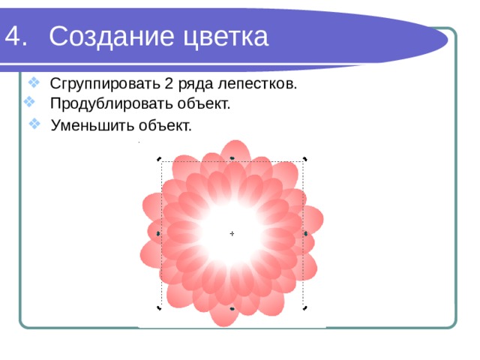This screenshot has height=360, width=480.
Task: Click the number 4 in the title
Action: tap(13, 36)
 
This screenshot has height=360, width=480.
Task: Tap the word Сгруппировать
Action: tap(105, 84)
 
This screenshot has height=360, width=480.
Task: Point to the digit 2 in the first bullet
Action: tap(169, 83)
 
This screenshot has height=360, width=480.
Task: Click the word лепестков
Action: tap(257, 84)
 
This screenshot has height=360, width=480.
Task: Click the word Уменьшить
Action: tap(92, 125)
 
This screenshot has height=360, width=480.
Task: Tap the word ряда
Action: tap(195, 84)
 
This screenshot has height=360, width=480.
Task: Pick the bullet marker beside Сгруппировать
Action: tap(34, 82)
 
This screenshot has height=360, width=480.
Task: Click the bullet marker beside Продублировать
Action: tap(29, 102)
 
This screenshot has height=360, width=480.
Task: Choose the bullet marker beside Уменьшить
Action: tap(34, 124)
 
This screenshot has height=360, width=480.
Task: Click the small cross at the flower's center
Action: tap(232, 233)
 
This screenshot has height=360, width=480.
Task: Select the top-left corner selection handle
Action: tap(159, 159)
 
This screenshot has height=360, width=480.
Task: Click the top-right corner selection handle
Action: tap(305, 159)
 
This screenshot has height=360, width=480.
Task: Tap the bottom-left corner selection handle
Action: tap(159, 308)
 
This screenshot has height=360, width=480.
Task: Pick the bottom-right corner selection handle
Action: tap(305, 308)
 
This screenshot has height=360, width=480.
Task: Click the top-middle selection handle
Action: tap(232, 158)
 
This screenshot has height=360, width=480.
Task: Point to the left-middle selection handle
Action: tap(158, 234)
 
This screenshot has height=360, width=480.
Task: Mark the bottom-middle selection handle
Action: tap(232, 309)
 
